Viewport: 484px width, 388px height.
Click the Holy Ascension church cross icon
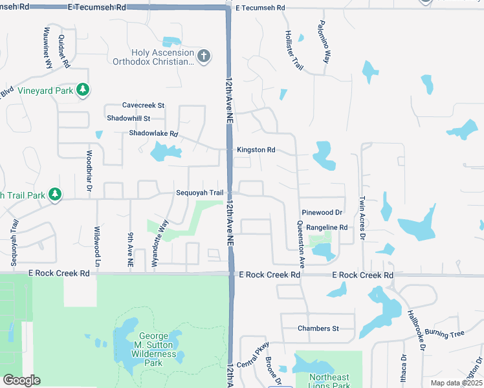click(x=204, y=57)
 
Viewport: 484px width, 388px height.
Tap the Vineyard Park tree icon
click(x=82, y=91)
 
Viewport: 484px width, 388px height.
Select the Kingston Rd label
click(x=256, y=150)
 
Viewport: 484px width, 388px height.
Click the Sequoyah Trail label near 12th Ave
click(x=200, y=193)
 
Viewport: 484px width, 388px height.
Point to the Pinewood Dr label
click(x=322, y=212)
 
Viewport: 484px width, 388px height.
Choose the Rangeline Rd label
click(x=327, y=227)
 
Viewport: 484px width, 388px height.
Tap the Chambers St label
click(x=318, y=329)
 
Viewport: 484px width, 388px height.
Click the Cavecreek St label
click(x=144, y=105)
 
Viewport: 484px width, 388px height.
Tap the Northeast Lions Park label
click(x=329, y=381)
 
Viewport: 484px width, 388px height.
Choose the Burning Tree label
click(x=450, y=334)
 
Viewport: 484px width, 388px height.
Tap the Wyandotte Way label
click(x=165, y=233)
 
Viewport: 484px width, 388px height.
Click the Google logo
click(x=21, y=380)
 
